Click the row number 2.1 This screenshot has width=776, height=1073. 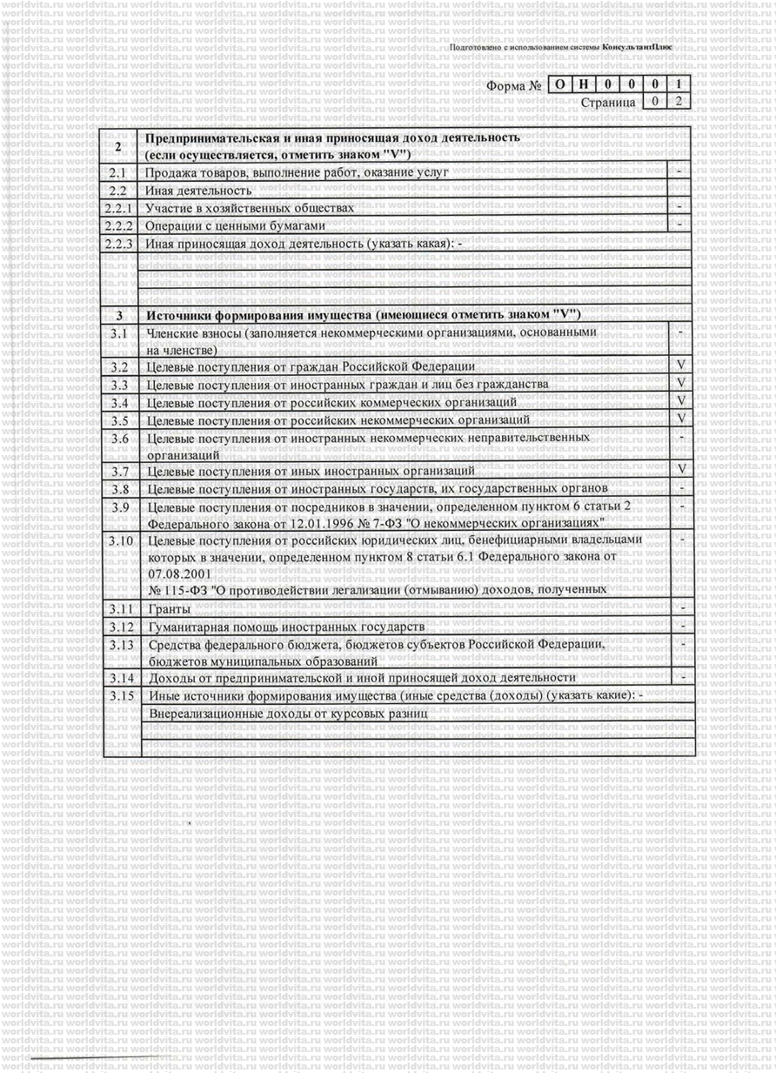coord(117,172)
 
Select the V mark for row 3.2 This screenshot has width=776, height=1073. coord(681,365)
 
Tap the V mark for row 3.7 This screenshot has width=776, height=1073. coord(681,469)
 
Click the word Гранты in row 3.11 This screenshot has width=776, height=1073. coord(168,608)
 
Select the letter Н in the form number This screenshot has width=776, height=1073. coord(585,85)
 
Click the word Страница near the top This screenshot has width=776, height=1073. coord(608,103)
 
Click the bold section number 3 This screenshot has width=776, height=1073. coord(119,314)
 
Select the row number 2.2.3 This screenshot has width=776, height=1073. coord(119,243)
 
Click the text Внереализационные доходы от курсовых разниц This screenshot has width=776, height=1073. coord(290,713)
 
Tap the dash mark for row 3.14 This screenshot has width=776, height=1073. coord(684,675)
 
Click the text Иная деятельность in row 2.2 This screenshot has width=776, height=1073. coord(198,190)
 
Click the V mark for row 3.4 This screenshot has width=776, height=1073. coord(681,400)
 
